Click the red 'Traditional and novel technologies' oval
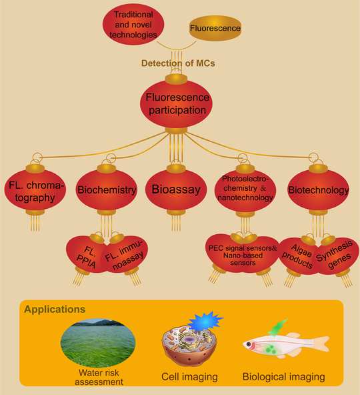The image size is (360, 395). pos(133,25)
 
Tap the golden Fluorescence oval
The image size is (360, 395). pos(215,28)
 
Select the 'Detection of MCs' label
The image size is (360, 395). pos(178,63)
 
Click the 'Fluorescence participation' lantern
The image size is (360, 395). pos(176,104)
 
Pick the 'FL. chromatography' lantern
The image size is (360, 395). pos(35,190)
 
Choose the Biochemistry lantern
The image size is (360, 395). pos(107,190)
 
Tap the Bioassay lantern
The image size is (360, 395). pos(176,190)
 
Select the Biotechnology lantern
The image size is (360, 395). pos(318,190)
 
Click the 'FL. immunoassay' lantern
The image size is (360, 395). pos(125,255)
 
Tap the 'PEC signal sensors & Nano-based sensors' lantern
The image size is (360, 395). pos(243,254)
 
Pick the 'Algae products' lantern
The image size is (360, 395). pos(298,256)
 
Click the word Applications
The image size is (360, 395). pos(55,309)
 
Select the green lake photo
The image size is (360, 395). pos(98,342)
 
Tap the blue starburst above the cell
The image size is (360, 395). pos(205,321)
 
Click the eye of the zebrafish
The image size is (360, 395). pos(249,344)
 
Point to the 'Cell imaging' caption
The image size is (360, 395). pos(189,376)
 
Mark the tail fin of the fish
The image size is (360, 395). pos(320,344)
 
